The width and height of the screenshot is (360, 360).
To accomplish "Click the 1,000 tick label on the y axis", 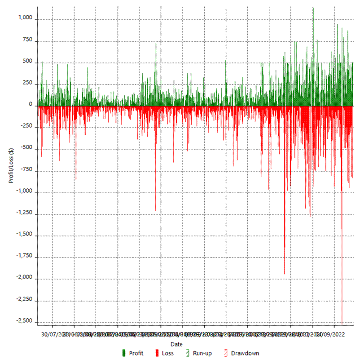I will coord(25,18).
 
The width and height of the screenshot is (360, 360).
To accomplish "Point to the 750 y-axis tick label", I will coord(28,40).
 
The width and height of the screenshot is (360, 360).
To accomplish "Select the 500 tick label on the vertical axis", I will coord(28,62).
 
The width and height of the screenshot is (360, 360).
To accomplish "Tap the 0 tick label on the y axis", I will coord(31,105).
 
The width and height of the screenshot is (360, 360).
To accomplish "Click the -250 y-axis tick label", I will coord(26,127).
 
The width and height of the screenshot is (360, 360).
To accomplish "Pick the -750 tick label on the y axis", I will coord(26,170).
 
